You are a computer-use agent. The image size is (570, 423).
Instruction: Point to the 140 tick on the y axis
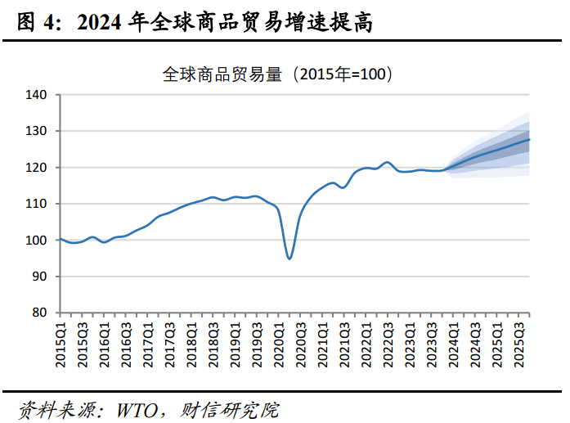click(38, 95)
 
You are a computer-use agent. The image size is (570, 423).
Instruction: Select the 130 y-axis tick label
click(38, 131)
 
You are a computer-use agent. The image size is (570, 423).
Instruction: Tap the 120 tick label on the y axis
click(38, 168)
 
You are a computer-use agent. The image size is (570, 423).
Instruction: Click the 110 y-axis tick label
click(38, 204)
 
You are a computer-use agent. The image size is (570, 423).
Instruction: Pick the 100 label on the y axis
click(38, 241)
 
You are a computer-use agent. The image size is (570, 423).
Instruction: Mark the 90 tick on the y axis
click(41, 277)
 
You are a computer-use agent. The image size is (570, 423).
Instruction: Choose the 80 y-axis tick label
click(41, 313)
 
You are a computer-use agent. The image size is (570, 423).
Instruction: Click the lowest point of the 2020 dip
click(289, 259)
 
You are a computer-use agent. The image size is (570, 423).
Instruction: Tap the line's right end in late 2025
click(529, 139)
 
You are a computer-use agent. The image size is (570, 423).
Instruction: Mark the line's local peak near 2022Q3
click(388, 162)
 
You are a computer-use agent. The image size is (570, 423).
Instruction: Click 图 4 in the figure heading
click(38, 24)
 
